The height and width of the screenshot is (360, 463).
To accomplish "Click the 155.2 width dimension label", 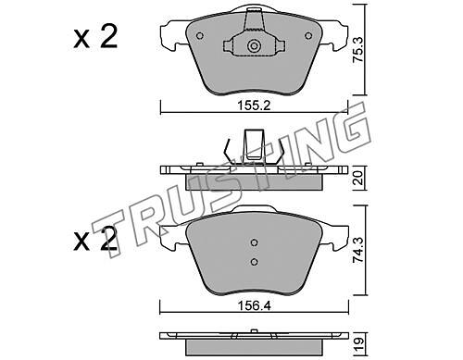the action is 254,106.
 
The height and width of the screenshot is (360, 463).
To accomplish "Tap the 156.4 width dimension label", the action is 254,306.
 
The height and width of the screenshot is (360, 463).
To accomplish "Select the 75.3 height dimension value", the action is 359,50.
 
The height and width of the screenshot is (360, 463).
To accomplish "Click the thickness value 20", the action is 359,178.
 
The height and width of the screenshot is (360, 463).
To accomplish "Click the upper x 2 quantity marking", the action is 95,37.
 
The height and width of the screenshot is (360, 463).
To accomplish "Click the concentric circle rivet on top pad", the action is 254,46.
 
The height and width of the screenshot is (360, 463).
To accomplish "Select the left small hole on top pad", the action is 200,36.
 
